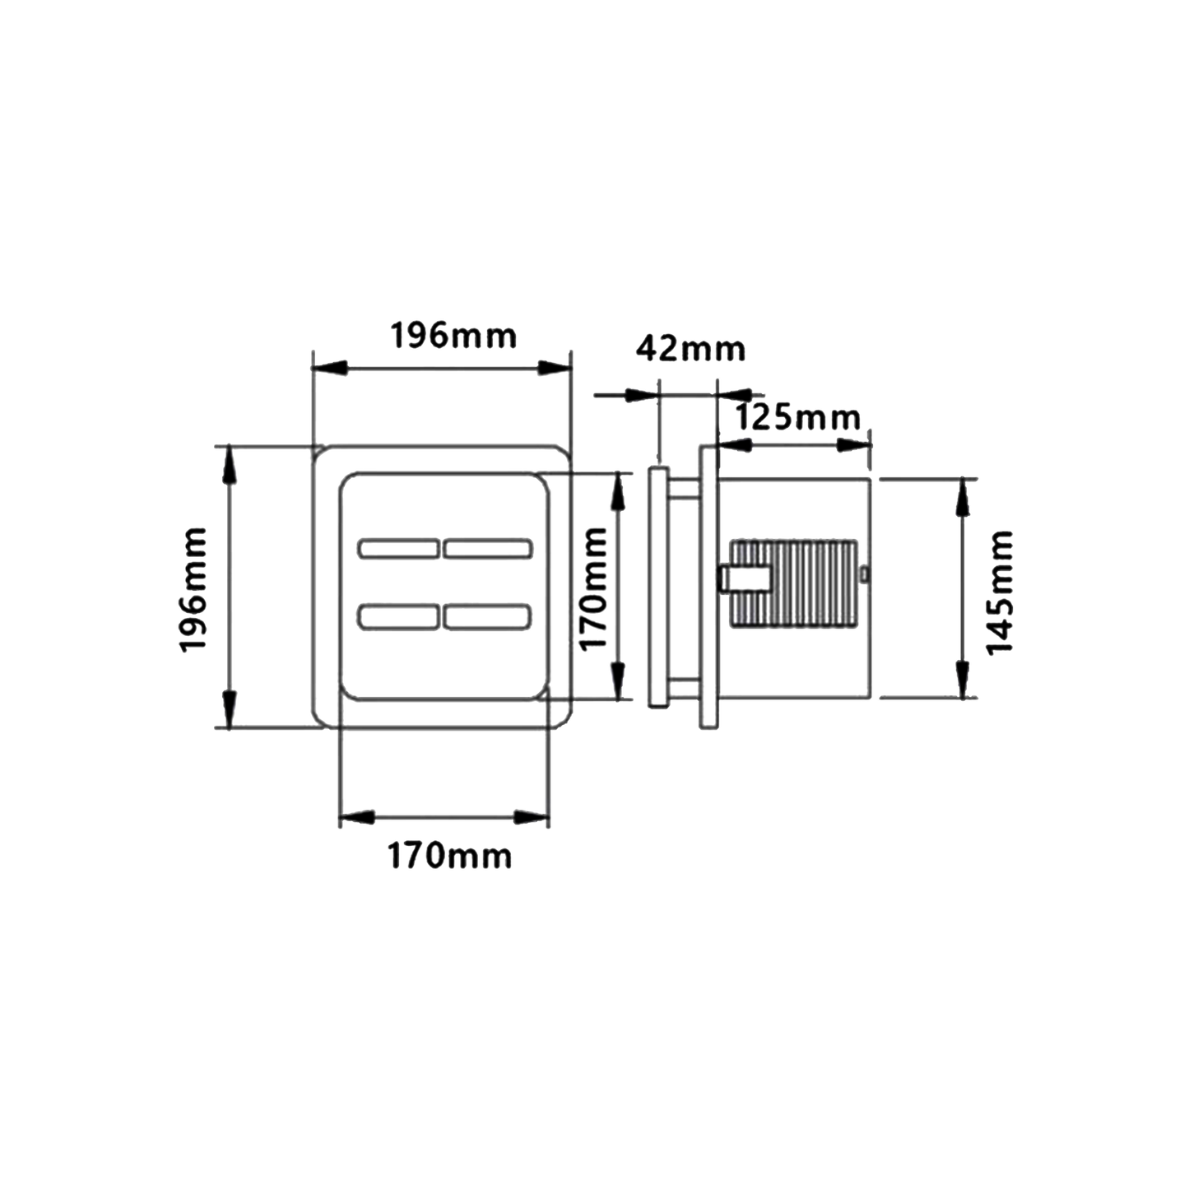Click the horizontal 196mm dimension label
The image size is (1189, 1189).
click(x=453, y=337)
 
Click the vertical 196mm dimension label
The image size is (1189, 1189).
click(x=193, y=590)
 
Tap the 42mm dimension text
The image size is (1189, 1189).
click(x=690, y=349)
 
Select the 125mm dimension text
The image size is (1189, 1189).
click(x=798, y=418)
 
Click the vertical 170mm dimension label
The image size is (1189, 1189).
click(x=593, y=590)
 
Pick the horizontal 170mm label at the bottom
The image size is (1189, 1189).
click(x=449, y=857)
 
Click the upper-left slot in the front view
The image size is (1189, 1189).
click(x=399, y=548)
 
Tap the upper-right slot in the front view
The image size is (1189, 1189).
click(x=487, y=548)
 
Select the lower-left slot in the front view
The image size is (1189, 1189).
click(x=399, y=617)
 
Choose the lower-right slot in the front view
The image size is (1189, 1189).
click(x=487, y=617)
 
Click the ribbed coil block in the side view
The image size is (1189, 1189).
click(x=793, y=583)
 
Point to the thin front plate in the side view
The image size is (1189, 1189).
click(x=657, y=588)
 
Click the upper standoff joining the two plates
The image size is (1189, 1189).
click(x=684, y=490)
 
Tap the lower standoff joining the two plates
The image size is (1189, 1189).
click(x=684, y=688)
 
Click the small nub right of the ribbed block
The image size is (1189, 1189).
click(x=865, y=574)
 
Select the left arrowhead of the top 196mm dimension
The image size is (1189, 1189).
click(x=329, y=369)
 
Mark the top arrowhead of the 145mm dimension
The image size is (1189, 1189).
click(x=962, y=497)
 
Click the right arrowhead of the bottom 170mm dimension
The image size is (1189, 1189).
click(x=532, y=818)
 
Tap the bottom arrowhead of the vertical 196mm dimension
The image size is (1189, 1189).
click(x=229, y=709)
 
